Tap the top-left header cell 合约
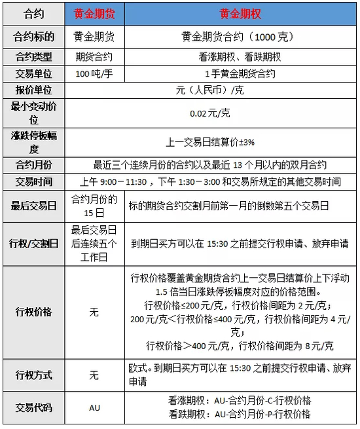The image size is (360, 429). tap(33, 14)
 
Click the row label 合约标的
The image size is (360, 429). tap(33, 37)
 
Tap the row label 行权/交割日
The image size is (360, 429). tap(33, 243)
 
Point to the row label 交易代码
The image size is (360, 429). tap(33, 407)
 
